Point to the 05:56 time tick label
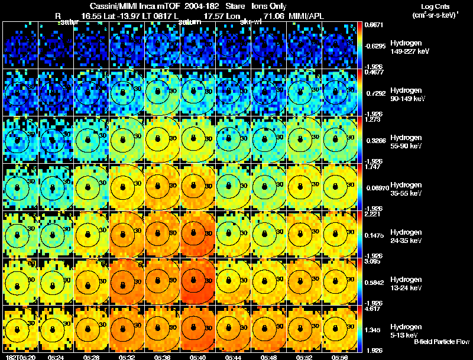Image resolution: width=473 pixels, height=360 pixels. pos(340,357)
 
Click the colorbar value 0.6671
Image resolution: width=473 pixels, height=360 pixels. pos(374,25)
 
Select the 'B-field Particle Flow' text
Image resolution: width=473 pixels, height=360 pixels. pos(441,342)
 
